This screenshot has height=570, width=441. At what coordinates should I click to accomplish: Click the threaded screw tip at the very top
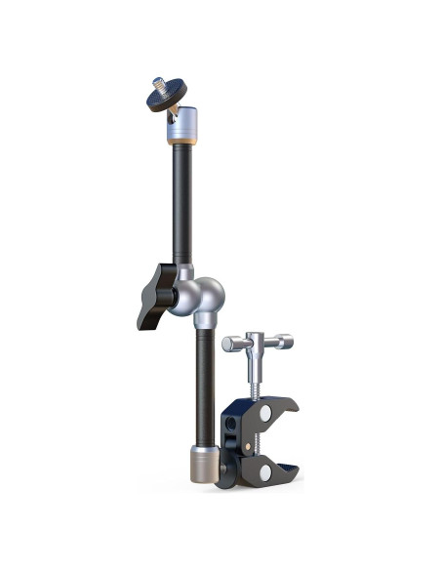(x=160, y=83)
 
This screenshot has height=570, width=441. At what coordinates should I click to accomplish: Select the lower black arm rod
(x=202, y=381)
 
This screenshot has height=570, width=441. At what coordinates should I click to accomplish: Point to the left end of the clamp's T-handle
(x=230, y=343)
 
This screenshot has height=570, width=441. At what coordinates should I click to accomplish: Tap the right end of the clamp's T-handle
(x=285, y=342)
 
